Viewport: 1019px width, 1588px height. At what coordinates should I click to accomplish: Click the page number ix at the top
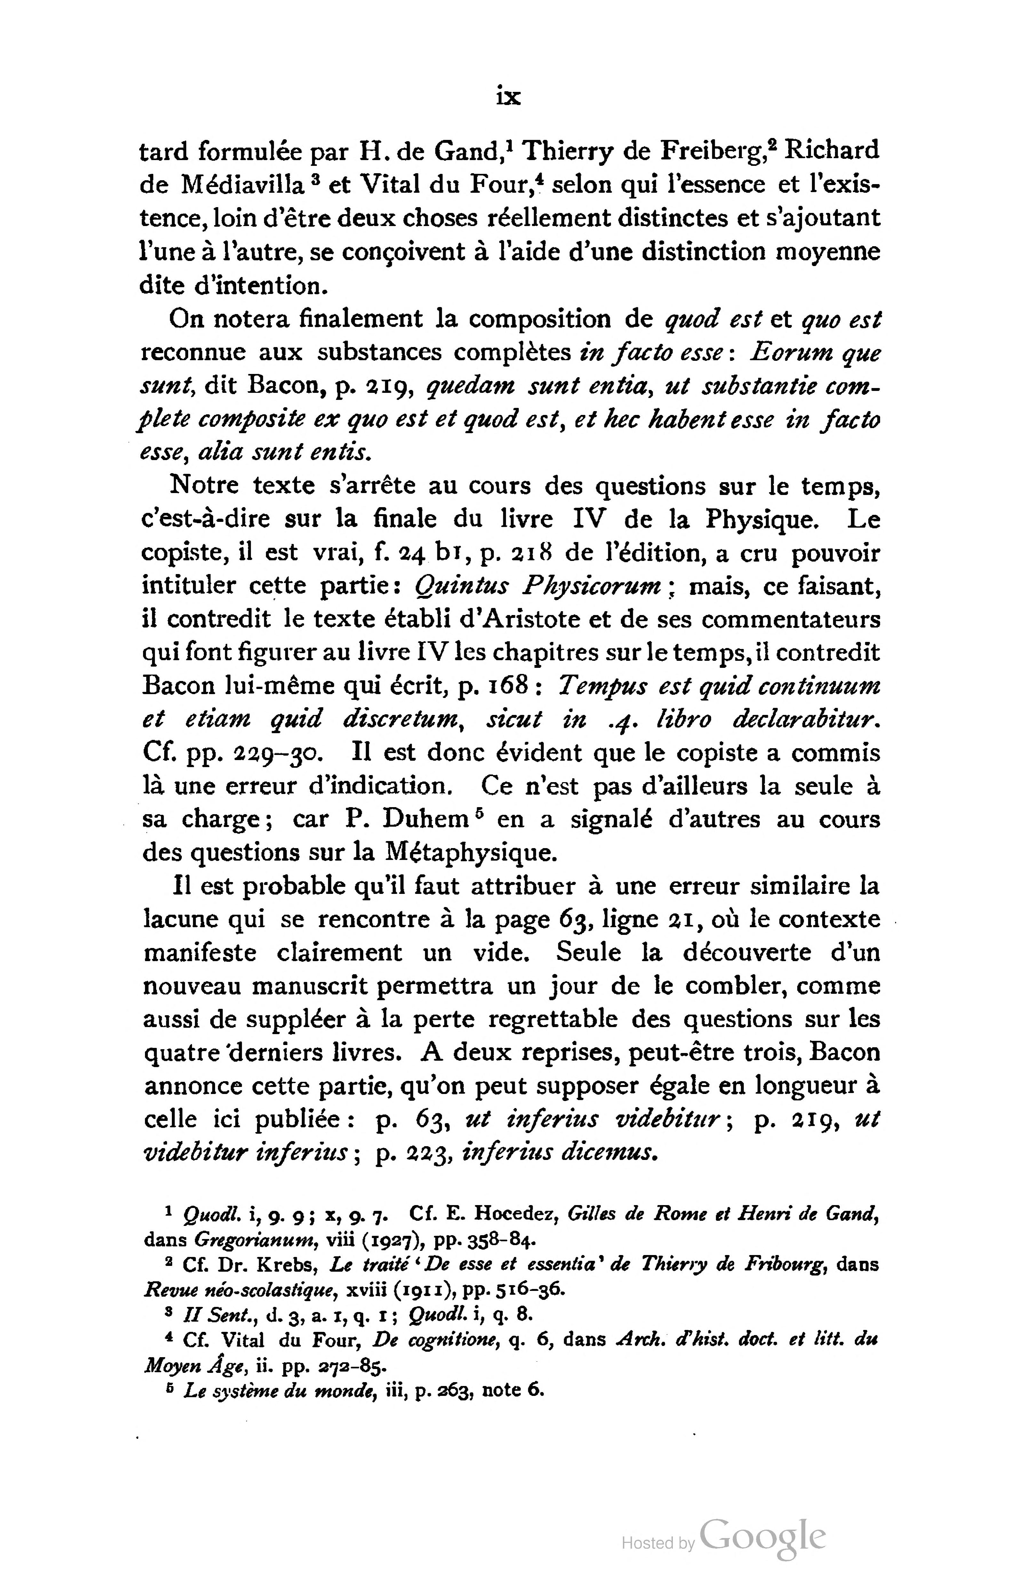508,97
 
